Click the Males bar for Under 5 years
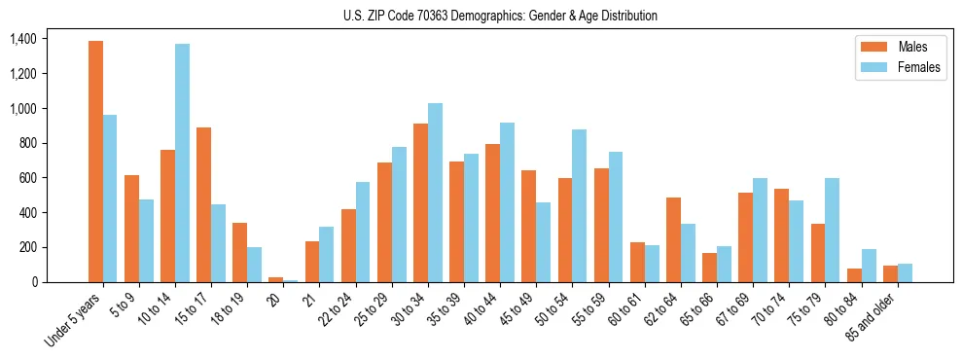click(95, 162)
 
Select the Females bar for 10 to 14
click(183, 162)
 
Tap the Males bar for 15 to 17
click(204, 204)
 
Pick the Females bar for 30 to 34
click(435, 193)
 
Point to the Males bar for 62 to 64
click(673, 239)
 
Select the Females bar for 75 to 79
click(832, 230)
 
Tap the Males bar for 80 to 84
click(854, 275)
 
